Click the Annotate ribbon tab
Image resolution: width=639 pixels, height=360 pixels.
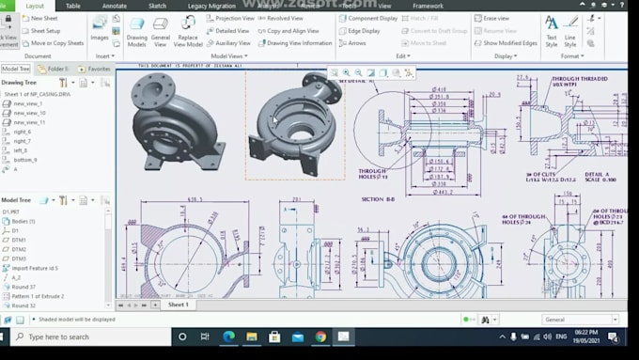(114, 6)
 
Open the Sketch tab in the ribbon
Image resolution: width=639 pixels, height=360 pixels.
(157, 6)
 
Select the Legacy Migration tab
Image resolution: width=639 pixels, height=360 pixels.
(210, 6)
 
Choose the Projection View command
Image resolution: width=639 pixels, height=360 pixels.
(235, 18)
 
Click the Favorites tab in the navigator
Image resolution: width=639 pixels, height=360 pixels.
(96, 69)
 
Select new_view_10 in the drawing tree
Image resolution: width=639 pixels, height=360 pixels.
(29, 113)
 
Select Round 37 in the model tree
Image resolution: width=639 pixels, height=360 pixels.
(23, 287)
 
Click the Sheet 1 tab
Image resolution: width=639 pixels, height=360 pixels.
(178, 305)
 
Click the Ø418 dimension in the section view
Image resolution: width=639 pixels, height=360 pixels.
(438, 90)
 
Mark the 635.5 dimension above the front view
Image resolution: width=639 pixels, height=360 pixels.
(195, 199)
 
